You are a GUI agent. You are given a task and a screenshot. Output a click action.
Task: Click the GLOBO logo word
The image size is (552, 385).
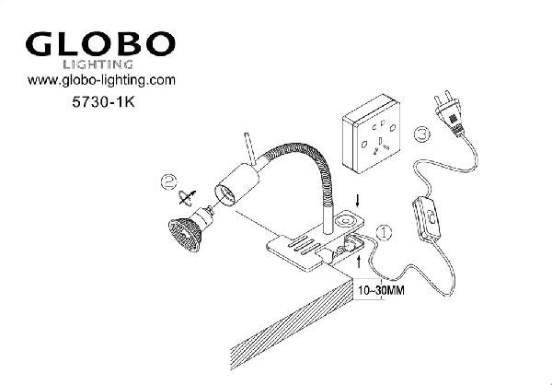(100, 43)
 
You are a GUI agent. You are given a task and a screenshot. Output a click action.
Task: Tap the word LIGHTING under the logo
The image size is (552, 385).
(98, 64)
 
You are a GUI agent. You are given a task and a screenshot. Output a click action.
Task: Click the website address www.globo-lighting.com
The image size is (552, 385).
(101, 81)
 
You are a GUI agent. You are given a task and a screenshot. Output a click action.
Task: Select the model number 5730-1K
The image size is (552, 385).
(103, 102)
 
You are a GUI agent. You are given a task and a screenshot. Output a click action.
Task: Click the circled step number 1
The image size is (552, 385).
(384, 232)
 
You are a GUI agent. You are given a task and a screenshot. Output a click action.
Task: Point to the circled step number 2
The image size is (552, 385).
(169, 182)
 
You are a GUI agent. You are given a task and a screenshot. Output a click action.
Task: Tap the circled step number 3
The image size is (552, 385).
(421, 134)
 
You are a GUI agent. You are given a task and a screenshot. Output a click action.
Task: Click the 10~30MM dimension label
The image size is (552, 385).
(381, 290)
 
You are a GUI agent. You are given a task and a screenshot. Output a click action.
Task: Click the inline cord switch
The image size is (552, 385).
(426, 219)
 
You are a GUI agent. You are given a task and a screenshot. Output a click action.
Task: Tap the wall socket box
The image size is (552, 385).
(372, 134)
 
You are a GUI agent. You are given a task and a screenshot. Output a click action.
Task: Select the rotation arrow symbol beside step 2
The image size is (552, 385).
(188, 198)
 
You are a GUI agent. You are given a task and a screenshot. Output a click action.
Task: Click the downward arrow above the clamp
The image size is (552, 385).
(358, 201)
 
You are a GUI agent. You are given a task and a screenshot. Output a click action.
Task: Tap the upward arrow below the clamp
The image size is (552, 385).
(359, 262)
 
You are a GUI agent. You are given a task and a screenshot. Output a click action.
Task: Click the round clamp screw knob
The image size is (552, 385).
(344, 222)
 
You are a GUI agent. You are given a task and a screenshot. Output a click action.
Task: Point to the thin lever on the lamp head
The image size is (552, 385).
(251, 149)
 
